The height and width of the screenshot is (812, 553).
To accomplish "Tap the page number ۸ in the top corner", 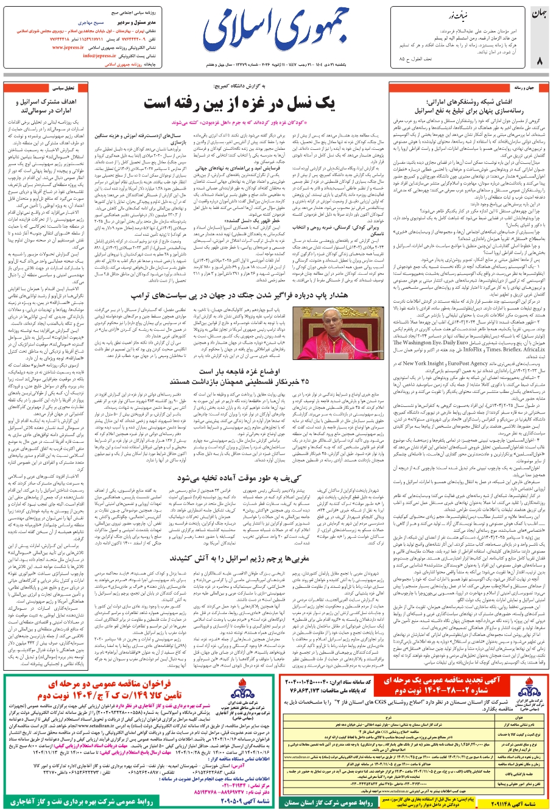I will (x=539, y=60).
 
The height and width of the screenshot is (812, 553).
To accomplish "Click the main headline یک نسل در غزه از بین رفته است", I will (x=239, y=102).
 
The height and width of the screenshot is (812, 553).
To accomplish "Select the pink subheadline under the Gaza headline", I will (x=240, y=122).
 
